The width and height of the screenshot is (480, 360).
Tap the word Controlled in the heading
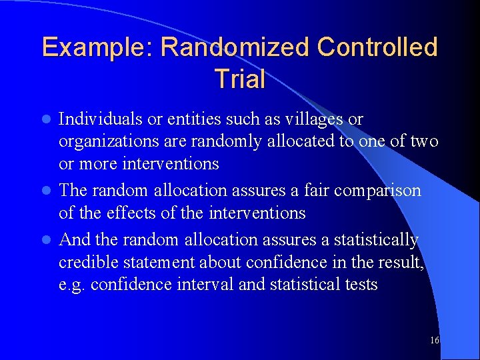pyautogui.click(x=377, y=47)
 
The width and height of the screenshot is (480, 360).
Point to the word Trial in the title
pyautogui.click(x=240, y=79)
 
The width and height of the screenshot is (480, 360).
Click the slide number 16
pyautogui.click(x=435, y=341)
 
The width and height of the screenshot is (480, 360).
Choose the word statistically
pyautogui.click(x=373, y=239)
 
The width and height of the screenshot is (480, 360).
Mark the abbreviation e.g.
pyautogui.click(x=71, y=285)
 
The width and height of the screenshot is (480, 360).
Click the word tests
pyautogui.click(x=361, y=285)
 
